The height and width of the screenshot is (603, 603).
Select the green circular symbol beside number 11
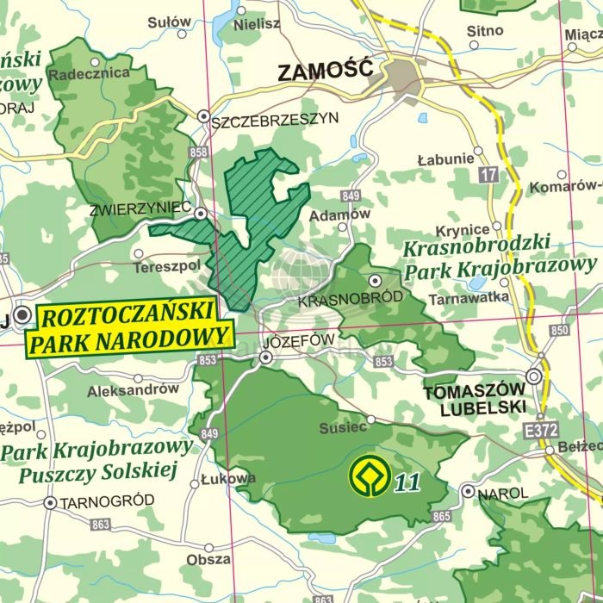point(367,474)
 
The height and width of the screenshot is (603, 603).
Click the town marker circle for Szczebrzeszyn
point(204,115)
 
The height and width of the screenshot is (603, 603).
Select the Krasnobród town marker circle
point(375,281)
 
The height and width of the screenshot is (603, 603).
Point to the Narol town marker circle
point(468,491)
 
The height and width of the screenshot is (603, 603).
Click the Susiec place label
point(344,426)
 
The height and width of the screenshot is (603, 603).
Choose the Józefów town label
point(299,339)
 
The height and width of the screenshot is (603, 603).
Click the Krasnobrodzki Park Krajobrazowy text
point(500,258)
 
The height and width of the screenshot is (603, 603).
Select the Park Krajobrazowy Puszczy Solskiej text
point(96,460)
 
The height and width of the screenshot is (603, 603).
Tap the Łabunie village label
point(445,159)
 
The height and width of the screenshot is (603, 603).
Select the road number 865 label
point(442,516)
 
